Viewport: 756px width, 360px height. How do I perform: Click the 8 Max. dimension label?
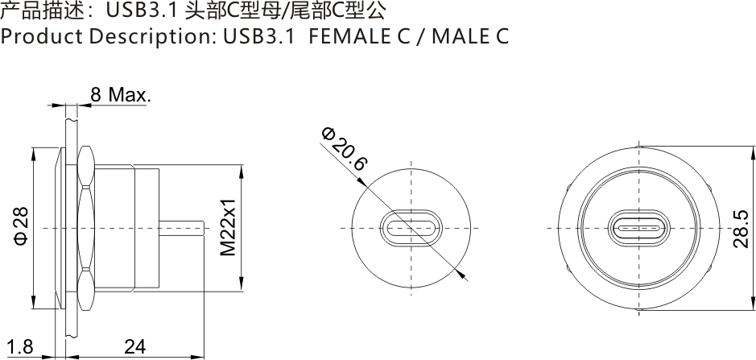pyautogui.click(x=119, y=95)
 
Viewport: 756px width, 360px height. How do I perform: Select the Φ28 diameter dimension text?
pyautogui.click(x=21, y=228)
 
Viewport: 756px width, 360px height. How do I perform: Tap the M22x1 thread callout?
pyautogui.click(x=229, y=228)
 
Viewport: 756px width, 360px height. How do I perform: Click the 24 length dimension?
pyautogui.click(x=135, y=347)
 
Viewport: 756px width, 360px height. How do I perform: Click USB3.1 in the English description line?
pyautogui.click(x=255, y=37)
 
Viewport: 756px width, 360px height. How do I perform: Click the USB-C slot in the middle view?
pyautogui.click(x=410, y=228)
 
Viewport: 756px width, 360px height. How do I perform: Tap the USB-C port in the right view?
pyautogui.click(x=639, y=228)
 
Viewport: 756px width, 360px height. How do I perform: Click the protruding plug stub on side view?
pyautogui.click(x=181, y=228)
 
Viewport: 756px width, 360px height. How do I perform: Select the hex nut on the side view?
pyautogui.click(x=86, y=228)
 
